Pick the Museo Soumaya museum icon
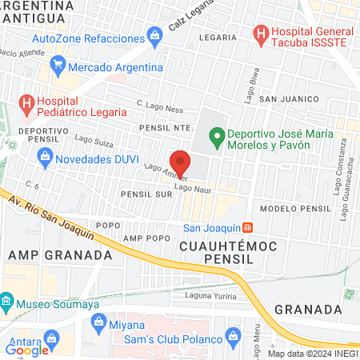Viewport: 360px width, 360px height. (x=7, y=303)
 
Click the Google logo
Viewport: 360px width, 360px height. (x=27, y=349)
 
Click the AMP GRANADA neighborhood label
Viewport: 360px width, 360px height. (x=59, y=254)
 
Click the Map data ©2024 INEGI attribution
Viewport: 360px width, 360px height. (x=312, y=354)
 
